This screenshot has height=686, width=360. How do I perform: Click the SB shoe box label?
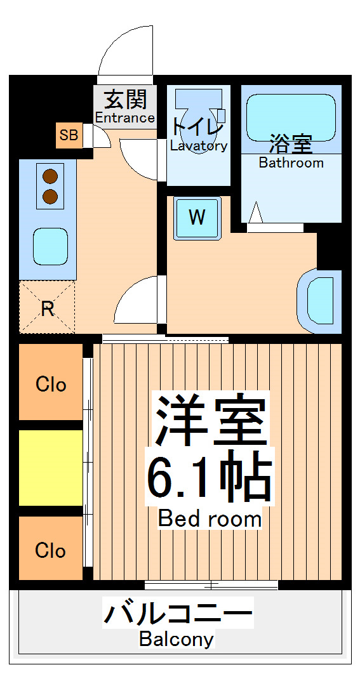tap(69, 135)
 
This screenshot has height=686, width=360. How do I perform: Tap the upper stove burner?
tap(50, 176)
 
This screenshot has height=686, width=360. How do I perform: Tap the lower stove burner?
tap(50, 196)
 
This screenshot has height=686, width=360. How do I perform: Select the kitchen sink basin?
tap(50, 245)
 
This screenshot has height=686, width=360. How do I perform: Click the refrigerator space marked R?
tap(47, 308)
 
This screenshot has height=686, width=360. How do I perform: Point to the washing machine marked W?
tap(197, 218)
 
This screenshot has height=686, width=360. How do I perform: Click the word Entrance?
tap(125, 118)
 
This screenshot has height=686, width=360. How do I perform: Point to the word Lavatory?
tap(198, 146)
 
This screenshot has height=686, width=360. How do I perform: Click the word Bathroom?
tap(291, 163)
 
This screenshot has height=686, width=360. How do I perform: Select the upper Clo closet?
tap(51, 383)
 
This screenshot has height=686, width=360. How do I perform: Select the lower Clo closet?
tap(51, 550)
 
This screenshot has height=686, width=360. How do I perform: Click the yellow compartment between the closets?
tap(51, 468)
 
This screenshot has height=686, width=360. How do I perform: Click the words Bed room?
tap(210, 518)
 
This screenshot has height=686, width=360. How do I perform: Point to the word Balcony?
tap(177, 639)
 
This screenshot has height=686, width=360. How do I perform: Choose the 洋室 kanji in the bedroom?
tap(210, 421)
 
